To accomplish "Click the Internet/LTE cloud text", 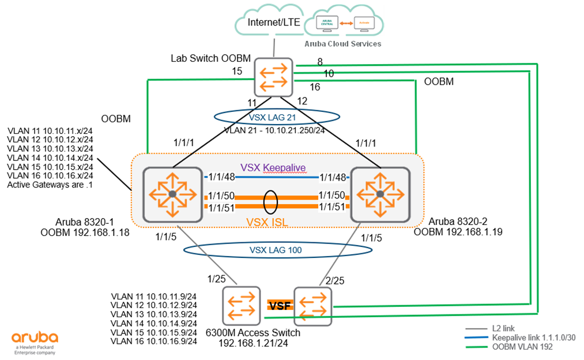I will click(273, 23).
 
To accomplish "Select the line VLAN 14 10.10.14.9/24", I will click(155, 323).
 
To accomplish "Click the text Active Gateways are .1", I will click(49, 185).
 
